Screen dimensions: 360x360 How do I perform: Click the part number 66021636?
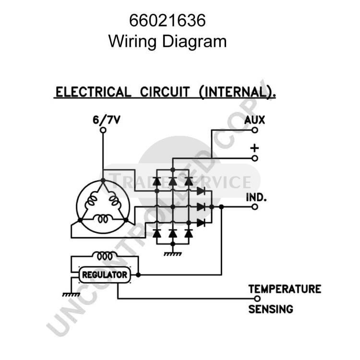coord(167,21)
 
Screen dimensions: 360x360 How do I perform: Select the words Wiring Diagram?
coord(168,41)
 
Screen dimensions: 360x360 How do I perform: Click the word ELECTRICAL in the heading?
coord(93,92)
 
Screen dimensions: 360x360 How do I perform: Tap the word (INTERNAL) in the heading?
coord(238,92)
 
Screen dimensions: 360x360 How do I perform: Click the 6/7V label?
coord(106,120)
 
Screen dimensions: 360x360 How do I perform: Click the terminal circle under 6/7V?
coord(103,130)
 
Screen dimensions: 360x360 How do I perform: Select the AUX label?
coord(254,120)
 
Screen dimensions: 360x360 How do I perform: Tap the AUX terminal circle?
coord(254,130)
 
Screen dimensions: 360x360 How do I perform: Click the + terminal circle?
coord(254,158)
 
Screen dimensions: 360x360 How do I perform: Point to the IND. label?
coord(256,197)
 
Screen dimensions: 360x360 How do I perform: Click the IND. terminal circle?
coord(254,207)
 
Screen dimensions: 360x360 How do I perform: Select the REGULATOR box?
coord(105,275)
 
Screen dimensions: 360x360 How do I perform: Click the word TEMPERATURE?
coord(285,289)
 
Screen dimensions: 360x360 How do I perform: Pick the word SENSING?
coord(271,309)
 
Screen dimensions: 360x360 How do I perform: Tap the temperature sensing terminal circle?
coord(257,299)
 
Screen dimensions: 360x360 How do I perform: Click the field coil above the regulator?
coord(105,256)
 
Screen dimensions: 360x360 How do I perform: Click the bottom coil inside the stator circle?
coord(103,218)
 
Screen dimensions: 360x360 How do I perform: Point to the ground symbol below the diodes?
coord(173,254)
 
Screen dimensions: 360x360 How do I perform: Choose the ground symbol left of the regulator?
coord(71,295)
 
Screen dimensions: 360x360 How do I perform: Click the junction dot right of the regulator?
coord(138,275)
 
